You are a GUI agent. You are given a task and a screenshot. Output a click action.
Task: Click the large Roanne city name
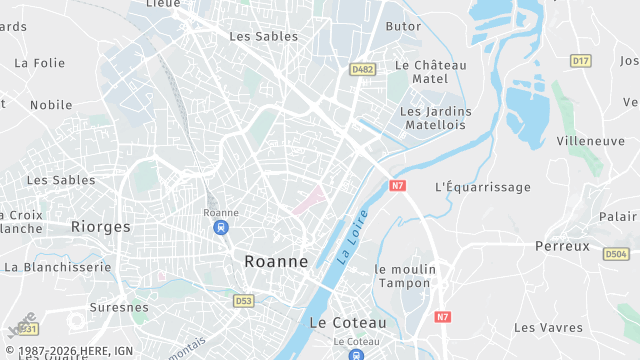click(x=276, y=261)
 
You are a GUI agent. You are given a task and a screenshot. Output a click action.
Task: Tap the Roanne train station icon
click(x=220, y=228)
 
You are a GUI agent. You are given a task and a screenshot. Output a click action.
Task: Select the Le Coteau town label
click(x=347, y=323)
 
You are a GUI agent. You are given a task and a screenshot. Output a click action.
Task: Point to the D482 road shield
click(x=362, y=69)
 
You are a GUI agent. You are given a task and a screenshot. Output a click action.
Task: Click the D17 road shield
click(x=580, y=61)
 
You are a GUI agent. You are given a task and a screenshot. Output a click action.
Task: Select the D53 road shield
click(x=244, y=300)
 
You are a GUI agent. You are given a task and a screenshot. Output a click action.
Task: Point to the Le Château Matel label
click(x=431, y=72)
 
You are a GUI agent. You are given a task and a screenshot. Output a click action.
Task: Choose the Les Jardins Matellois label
click(x=436, y=118)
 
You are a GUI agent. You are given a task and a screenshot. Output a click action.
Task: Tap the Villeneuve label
click(x=590, y=141)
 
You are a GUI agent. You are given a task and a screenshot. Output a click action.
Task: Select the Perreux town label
click(x=562, y=246)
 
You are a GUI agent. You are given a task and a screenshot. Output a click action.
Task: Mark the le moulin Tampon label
click(x=405, y=276)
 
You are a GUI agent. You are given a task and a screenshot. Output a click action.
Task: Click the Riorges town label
click(x=101, y=227)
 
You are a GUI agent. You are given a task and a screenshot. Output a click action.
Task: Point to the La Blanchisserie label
click(x=57, y=267)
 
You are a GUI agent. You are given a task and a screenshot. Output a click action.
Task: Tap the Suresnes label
click(x=119, y=307)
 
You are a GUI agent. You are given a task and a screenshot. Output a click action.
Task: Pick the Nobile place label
click(x=51, y=104)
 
